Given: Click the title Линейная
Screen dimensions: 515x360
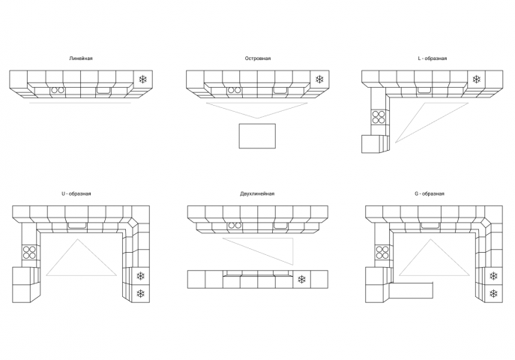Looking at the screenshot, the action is pos(81,58).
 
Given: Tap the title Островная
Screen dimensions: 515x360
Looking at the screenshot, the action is pos(258,58).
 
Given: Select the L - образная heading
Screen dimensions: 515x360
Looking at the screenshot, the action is pos(433,58).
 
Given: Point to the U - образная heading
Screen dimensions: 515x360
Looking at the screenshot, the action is pos(76,193).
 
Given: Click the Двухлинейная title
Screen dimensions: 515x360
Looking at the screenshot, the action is pos(257,193).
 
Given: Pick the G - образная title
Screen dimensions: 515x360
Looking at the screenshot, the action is pos(430,193).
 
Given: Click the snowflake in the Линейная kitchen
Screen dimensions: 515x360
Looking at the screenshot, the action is pos(143,79).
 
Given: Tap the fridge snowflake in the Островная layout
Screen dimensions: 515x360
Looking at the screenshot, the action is pos(319,79).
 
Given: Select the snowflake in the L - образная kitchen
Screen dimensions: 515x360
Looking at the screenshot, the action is pos(476,79).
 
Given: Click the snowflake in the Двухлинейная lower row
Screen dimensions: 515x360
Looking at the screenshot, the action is pos(302,280).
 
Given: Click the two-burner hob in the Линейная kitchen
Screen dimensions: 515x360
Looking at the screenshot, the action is pos(57,90).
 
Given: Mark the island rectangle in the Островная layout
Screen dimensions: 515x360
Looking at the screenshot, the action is pos(257,136).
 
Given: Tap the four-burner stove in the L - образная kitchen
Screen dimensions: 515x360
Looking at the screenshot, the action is pos(379,117).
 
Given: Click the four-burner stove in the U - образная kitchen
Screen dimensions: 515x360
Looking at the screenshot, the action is pos(29,252).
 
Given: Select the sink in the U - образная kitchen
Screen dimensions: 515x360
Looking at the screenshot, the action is pos(77,225).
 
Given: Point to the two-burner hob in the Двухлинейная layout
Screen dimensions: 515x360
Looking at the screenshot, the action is pos(235,225).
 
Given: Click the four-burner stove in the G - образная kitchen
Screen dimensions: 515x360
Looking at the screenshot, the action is pos(382,252).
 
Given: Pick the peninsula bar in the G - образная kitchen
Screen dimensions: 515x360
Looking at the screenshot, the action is pos(411,290).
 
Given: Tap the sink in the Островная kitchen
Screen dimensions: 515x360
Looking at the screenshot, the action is pos(281,90).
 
